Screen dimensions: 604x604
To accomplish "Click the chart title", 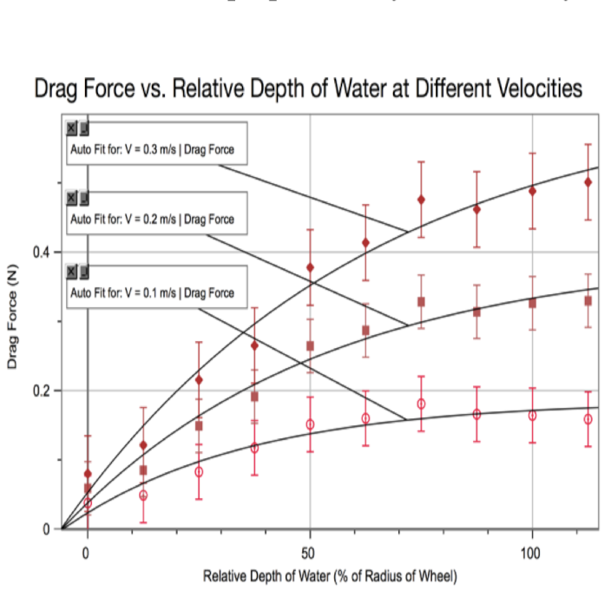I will click(308, 89).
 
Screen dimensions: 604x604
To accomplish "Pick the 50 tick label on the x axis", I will click(310, 553).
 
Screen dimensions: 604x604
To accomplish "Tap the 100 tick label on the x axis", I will click(532, 553).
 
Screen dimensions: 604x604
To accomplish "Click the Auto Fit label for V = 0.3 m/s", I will click(152, 150).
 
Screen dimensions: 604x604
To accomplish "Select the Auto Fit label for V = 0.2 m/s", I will click(152, 220).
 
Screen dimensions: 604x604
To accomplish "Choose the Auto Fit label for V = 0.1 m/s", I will click(152, 293).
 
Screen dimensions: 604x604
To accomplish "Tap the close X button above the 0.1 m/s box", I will click(71, 272).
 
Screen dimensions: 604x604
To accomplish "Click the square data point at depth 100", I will click(532, 304).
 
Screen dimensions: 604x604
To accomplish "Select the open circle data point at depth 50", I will click(310, 424).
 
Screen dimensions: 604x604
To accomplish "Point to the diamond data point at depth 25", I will click(199, 380).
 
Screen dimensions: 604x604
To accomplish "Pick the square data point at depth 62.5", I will click(365, 331).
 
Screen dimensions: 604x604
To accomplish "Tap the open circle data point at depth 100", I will click(532, 416).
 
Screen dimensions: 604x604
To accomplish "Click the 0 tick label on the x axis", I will click(87, 553).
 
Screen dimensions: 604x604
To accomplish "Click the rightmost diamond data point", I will click(588, 182).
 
